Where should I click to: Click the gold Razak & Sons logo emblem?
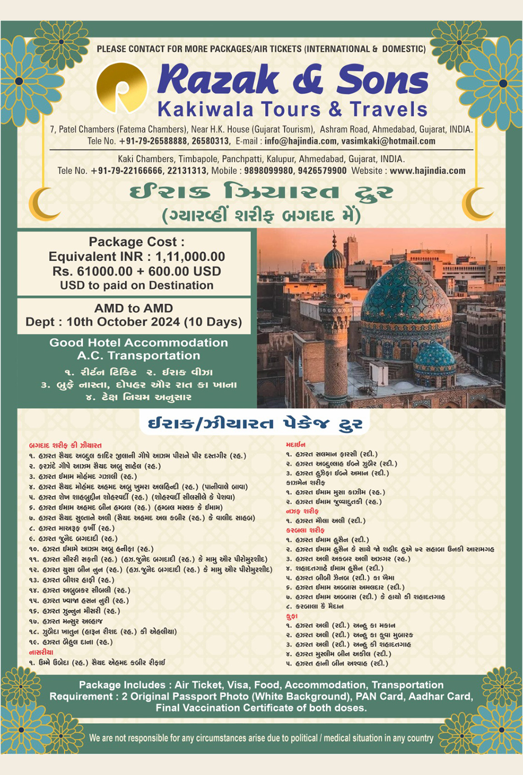point(121,88)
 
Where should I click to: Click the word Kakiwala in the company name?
point(205,109)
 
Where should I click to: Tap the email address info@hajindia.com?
point(300,141)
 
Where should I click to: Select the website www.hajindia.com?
point(427,171)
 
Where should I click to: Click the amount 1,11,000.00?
point(190,257)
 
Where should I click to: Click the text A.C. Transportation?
point(138,356)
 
